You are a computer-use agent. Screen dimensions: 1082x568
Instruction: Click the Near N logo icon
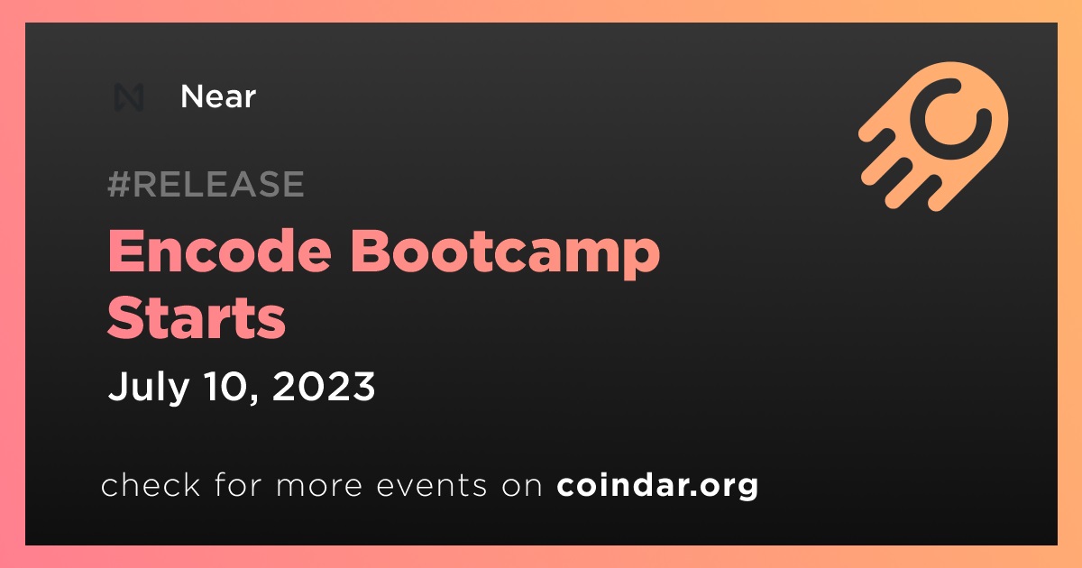click(x=129, y=97)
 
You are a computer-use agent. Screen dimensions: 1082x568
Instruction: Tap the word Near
click(x=218, y=96)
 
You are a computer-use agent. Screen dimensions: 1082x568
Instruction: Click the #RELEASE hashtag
click(x=206, y=184)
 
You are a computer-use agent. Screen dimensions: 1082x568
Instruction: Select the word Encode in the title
click(x=220, y=252)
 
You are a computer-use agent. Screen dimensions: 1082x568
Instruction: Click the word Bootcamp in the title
click(x=505, y=253)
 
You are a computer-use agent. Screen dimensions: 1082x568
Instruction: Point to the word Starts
click(x=197, y=317)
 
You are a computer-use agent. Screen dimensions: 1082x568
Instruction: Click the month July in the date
click(x=149, y=387)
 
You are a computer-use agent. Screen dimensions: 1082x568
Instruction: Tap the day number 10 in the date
click(x=226, y=386)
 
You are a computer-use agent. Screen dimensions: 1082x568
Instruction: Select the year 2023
click(x=324, y=386)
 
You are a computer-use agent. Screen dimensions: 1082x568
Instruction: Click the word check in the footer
click(x=151, y=484)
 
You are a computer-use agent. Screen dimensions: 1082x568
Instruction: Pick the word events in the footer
click(x=431, y=485)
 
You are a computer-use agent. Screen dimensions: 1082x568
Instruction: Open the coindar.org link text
click(x=657, y=485)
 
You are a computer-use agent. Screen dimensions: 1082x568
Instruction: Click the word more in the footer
click(x=319, y=486)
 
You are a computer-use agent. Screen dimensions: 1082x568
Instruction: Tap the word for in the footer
click(x=238, y=484)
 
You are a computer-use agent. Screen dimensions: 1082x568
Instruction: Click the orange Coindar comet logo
click(x=933, y=136)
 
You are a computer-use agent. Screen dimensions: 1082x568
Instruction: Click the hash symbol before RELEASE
click(x=118, y=184)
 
